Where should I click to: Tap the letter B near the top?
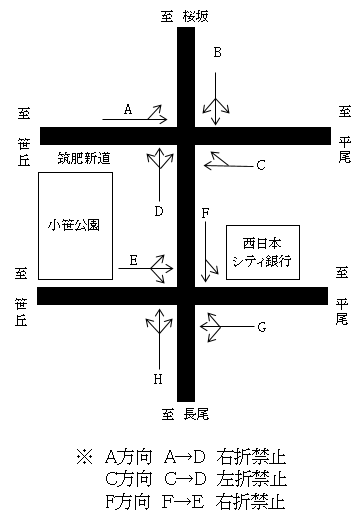(217, 53)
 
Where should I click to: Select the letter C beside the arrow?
(260, 164)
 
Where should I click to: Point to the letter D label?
(159, 210)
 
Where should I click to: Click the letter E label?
(133, 260)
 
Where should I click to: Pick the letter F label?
(204, 213)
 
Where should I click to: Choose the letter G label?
(261, 326)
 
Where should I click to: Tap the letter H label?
(158, 379)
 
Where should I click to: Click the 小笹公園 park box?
(75, 225)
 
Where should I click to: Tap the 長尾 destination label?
(196, 412)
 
